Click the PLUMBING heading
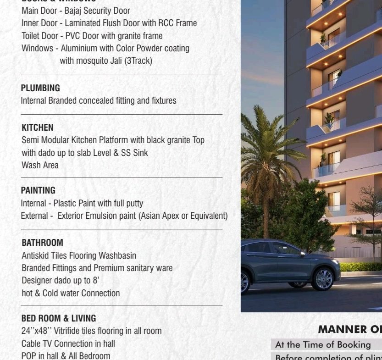[40, 88]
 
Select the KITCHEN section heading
[38, 127]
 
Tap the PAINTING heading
[38, 190]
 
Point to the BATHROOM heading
[42, 243]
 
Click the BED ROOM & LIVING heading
[59, 318]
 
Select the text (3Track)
[138, 61]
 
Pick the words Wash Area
[40, 165]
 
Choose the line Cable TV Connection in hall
[68, 343]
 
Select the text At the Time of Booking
[323, 344]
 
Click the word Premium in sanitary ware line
[120, 268]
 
